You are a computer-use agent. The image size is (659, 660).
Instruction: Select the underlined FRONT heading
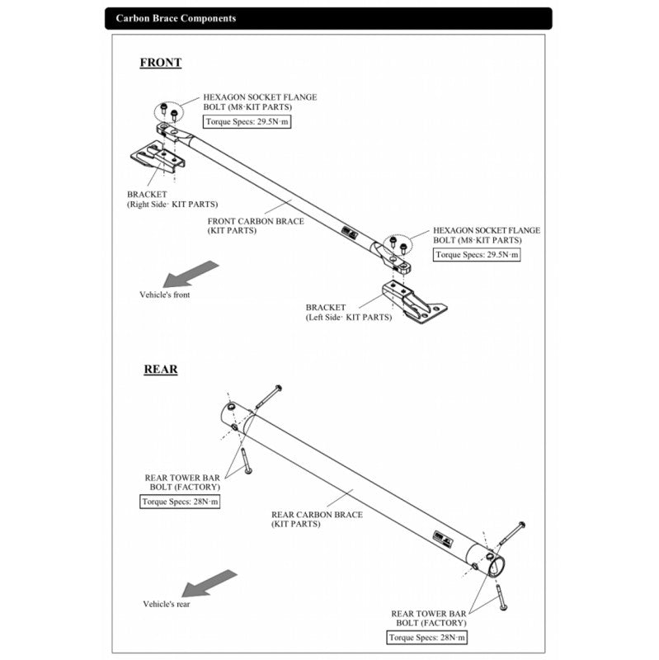click(160, 63)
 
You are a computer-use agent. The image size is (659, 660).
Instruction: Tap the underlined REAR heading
click(160, 370)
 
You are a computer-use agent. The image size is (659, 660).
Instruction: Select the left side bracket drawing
click(413, 302)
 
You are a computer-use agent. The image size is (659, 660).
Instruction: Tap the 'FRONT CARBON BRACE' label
click(255, 225)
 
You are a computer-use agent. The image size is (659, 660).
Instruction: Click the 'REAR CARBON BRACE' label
click(317, 519)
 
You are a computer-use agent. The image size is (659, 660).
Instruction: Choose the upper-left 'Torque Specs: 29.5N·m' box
click(247, 121)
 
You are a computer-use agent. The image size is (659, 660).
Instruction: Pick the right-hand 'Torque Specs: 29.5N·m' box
click(477, 255)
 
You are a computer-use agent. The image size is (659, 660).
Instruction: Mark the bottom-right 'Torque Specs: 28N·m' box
click(427, 638)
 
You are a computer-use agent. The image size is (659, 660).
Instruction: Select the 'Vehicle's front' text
click(164, 295)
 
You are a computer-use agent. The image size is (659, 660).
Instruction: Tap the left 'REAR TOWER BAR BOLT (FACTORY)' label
click(182, 482)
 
